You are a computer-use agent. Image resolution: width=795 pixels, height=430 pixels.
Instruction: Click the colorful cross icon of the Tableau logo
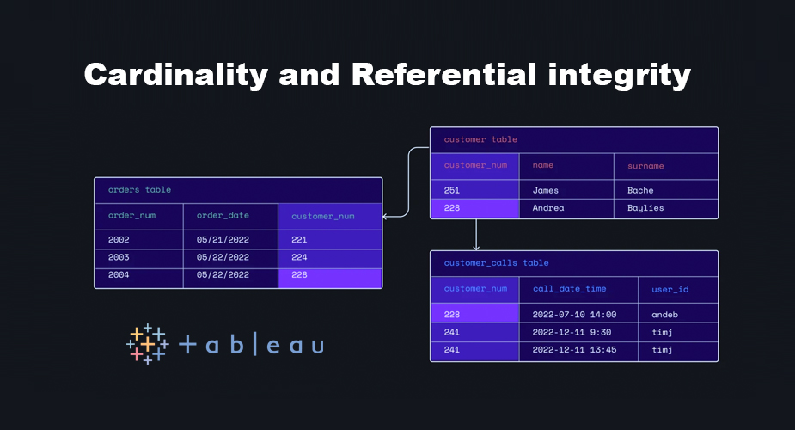click(147, 344)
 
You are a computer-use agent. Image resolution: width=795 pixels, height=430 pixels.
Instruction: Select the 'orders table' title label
click(139, 189)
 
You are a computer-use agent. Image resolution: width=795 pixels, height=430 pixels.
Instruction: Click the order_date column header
click(223, 216)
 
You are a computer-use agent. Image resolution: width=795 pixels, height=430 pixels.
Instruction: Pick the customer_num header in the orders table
click(322, 216)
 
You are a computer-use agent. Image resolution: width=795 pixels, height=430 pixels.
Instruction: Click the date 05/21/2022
click(223, 240)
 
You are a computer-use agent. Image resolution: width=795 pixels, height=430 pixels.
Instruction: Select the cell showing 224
click(299, 257)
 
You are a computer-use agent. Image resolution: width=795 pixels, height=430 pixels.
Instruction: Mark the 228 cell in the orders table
click(299, 275)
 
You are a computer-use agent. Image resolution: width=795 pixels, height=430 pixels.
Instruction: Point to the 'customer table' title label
click(480, 139)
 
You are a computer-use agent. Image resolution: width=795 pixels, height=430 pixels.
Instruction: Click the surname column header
click(645, 165)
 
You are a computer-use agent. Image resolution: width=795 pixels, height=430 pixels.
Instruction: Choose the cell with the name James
click(545, 190)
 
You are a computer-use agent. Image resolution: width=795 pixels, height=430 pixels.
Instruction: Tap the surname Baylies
click(645, 208)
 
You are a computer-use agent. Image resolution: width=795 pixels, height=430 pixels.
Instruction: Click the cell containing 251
click(452, 190)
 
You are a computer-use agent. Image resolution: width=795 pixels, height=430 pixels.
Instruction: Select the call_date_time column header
click(569, 289)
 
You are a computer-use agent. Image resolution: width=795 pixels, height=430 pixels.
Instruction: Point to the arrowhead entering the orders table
click(386, 216)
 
